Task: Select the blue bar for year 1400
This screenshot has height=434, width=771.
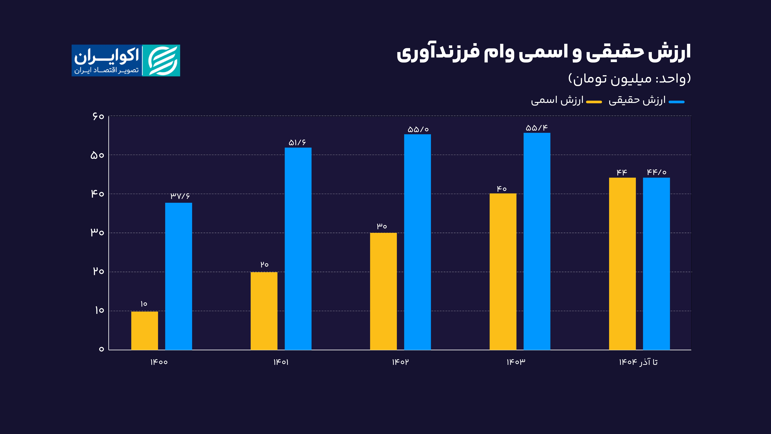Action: pyautogui.click(x=179, y=276)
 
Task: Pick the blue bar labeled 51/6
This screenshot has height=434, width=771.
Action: pyautogui.click(x=298, y=249)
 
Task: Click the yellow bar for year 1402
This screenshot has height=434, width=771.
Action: pyautogui.click(x=383, y=291)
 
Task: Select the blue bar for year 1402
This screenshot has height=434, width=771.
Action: pyautogui.click(x=417, y=242)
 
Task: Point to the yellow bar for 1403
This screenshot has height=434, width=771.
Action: pyautogui.click(x=503, y=271)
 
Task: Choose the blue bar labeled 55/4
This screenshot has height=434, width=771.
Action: pyautogui.click(x=537, y=241)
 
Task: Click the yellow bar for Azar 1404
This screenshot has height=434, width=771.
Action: pyautogui.click(x=622, y=264)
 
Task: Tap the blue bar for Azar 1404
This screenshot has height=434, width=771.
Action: pyautogui.click(x=656, y=264)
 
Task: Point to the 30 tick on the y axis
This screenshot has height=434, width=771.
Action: pyautogui.click(x=97, y=232)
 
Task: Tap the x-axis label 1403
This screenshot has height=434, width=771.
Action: pyautogui.click(x=516, y=362)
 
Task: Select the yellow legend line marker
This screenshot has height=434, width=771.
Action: pyautogui.click(x=594, y=102)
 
